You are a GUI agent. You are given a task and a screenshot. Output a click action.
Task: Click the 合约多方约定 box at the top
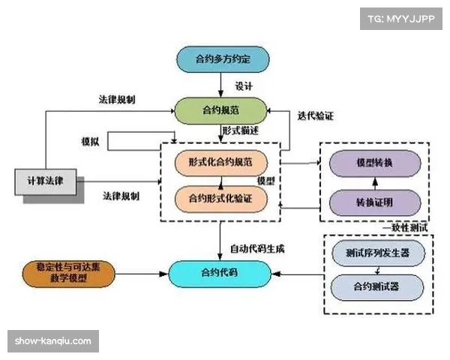[x=221, y=59]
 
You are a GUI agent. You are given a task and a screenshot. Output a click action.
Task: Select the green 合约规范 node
[x=221, y=110]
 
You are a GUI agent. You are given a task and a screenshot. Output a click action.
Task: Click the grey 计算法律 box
[x=45, y=181]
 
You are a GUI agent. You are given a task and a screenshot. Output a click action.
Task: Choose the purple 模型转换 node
[x=373, y=162]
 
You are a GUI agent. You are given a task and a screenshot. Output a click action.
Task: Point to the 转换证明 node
[x=373, y=201]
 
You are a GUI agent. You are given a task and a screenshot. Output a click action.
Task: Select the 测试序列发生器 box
[x=379, y=253]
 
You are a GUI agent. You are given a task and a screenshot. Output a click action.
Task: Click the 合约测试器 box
[x=379, y=287]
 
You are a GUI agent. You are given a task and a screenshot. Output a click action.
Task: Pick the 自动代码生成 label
[x=256, y=247]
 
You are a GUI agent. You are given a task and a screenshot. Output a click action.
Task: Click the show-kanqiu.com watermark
[x=53, y=341]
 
